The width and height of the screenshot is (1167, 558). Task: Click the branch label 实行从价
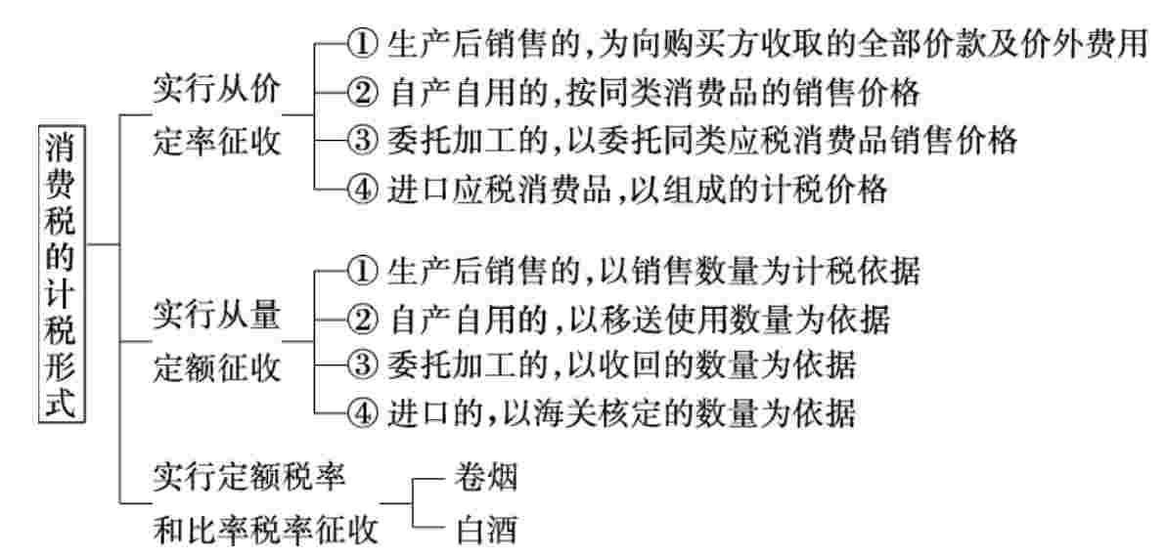pos(217,91)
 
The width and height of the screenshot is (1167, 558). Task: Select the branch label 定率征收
pos(217,142)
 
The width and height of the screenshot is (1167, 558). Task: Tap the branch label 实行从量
pos(217,316)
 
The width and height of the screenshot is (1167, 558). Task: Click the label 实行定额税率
pos(248,478)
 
